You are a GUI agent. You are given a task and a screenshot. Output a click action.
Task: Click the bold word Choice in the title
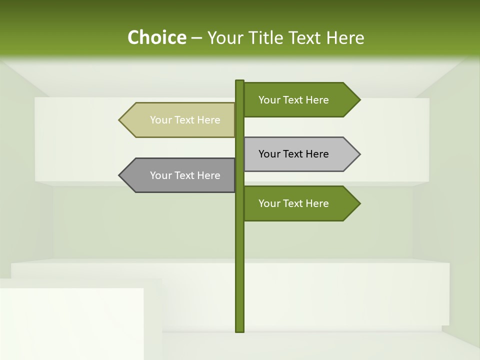pyautogui.click(x=156, y=37)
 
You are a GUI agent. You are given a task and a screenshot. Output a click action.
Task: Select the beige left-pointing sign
pyautogui.click(x=180, y=120)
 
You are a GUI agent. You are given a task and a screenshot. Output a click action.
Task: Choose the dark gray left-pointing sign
pyautogui.click(x=180, y=175)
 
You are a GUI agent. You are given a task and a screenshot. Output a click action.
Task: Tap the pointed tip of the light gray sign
pyautogui.click(x=359, y=154)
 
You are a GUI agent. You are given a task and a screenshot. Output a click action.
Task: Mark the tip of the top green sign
pyautogui.click(x=359, y=100)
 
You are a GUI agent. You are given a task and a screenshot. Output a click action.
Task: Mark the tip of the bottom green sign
pyautogui.click(x=359, y=203)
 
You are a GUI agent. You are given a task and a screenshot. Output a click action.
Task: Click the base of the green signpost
pyautogui.click(x=239, y=329)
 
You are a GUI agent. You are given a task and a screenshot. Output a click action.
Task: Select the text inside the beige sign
pyautogui.click(x=185, y=120)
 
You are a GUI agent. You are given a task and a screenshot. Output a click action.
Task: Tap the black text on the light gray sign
pyautogui.click(x=293, y=154)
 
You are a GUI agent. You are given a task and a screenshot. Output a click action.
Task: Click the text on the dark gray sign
pyautogui.click(x=185, y=175)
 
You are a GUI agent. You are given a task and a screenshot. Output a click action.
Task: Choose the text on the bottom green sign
pyautogui.click(x=293, y=203)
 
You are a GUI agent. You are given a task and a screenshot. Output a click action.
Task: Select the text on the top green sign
pyautogui.click(x=293, y=100)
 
